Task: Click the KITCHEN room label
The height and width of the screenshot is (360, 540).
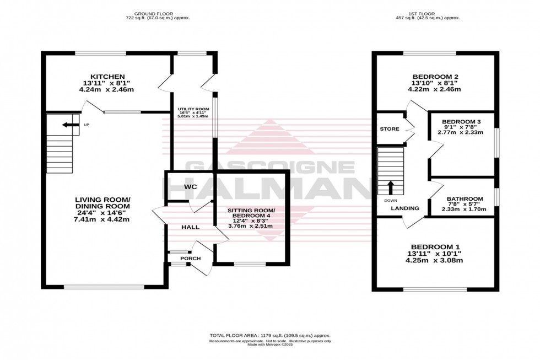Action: coord(108,76)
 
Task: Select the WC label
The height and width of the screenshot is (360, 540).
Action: coord(191,187)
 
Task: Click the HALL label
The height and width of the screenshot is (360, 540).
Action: coord(190,227)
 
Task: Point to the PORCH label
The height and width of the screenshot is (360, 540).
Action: coord(190,258)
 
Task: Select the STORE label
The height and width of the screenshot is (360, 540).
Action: coord(389,129)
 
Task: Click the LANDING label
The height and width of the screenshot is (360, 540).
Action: coord(405,208)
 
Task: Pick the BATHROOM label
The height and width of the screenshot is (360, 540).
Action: coord(465,199)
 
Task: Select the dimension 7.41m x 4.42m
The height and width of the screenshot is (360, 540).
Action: coord(102,219)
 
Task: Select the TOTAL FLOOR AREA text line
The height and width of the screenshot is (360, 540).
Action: coord(269,335)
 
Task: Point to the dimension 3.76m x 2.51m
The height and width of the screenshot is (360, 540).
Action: coord(251,225)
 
